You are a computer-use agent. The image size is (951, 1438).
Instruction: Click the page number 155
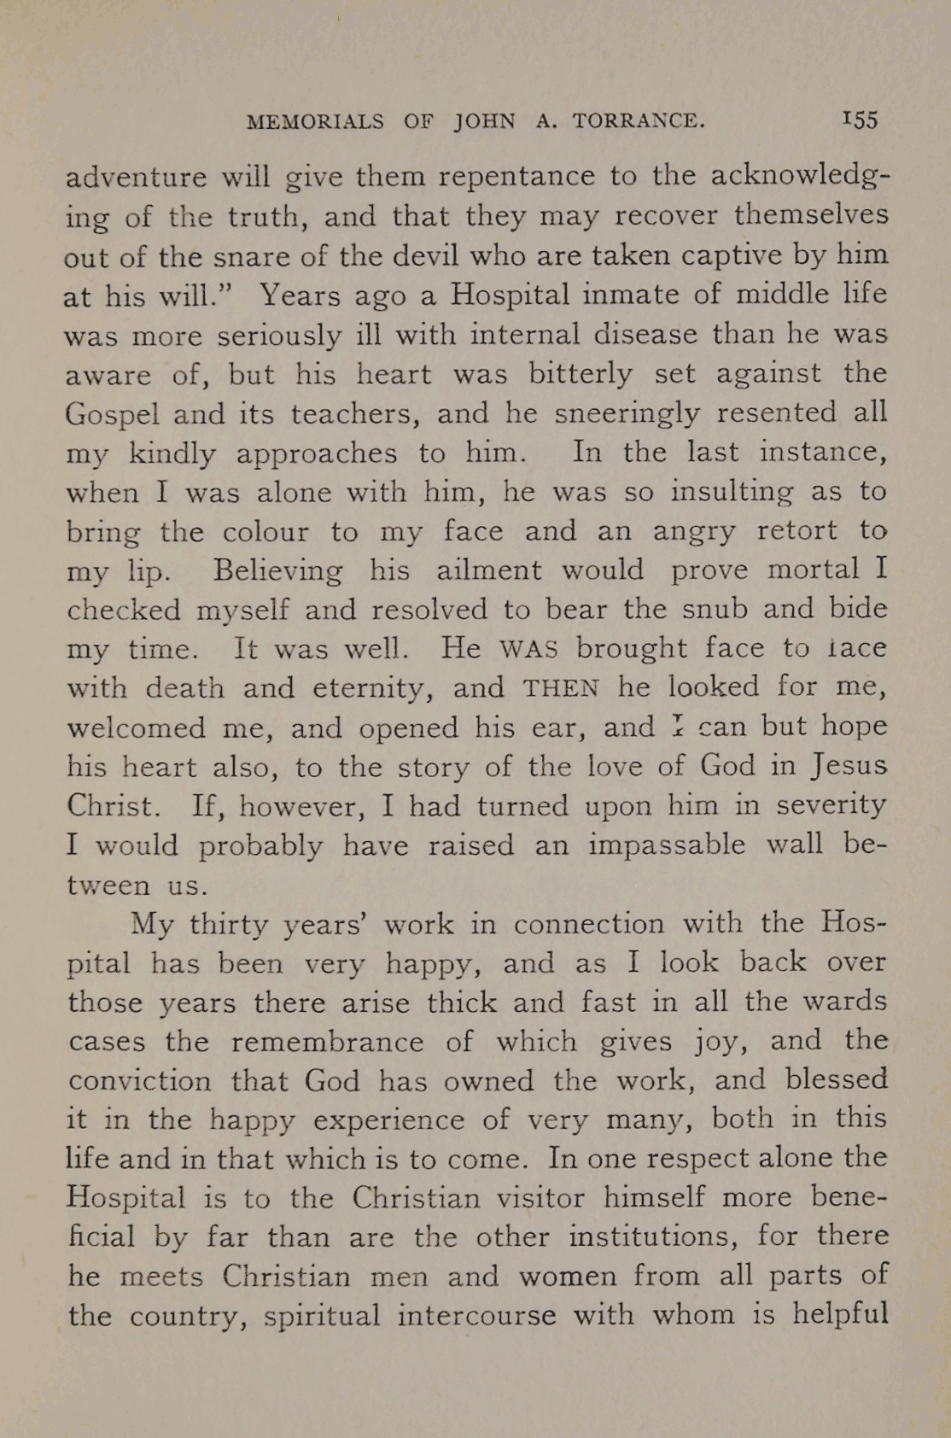(x=860, y=120)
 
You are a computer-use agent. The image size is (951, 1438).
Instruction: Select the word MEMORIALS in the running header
(x=315, y=121)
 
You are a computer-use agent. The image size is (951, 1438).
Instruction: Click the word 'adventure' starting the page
(x=136, y=177)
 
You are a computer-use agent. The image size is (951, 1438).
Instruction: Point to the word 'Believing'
(x=277, y=570)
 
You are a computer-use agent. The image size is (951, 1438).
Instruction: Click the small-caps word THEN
(x=562, y=688)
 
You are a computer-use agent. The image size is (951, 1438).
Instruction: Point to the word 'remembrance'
(x=327, y=1041)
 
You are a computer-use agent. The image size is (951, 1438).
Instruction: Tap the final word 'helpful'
(x=840, y=1314)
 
